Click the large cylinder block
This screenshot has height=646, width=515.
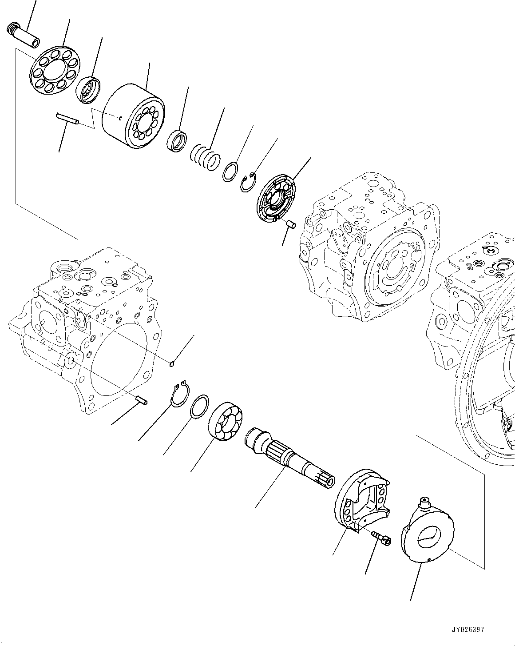coord(133,116)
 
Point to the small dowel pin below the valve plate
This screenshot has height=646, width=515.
coord(291,224)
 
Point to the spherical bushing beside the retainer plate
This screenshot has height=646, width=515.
coord(89,89)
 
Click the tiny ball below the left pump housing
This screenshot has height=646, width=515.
coord(172,365)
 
